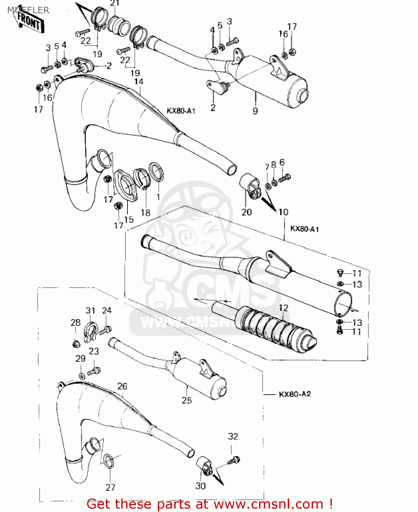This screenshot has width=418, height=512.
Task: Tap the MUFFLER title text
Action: pos(28,10)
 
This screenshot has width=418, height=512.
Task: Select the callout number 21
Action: pos(115,3)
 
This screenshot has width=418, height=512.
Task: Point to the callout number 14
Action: pos(139,82)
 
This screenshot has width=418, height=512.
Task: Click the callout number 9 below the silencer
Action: pos(255,111)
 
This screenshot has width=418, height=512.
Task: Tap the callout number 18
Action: pos(146,213)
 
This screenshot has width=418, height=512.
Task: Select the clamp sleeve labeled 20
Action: pos(249,186)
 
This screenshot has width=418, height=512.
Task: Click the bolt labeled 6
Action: pos(284,178)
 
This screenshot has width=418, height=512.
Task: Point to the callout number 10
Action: pos(283,212)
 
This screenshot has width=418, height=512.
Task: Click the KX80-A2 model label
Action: pos(295,394)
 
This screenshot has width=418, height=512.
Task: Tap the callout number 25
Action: pos(187,400)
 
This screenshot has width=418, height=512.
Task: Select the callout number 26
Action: pos(122,386)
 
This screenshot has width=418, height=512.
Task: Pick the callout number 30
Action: pos(201,486)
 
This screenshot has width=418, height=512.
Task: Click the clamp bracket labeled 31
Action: pos(90,331)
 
